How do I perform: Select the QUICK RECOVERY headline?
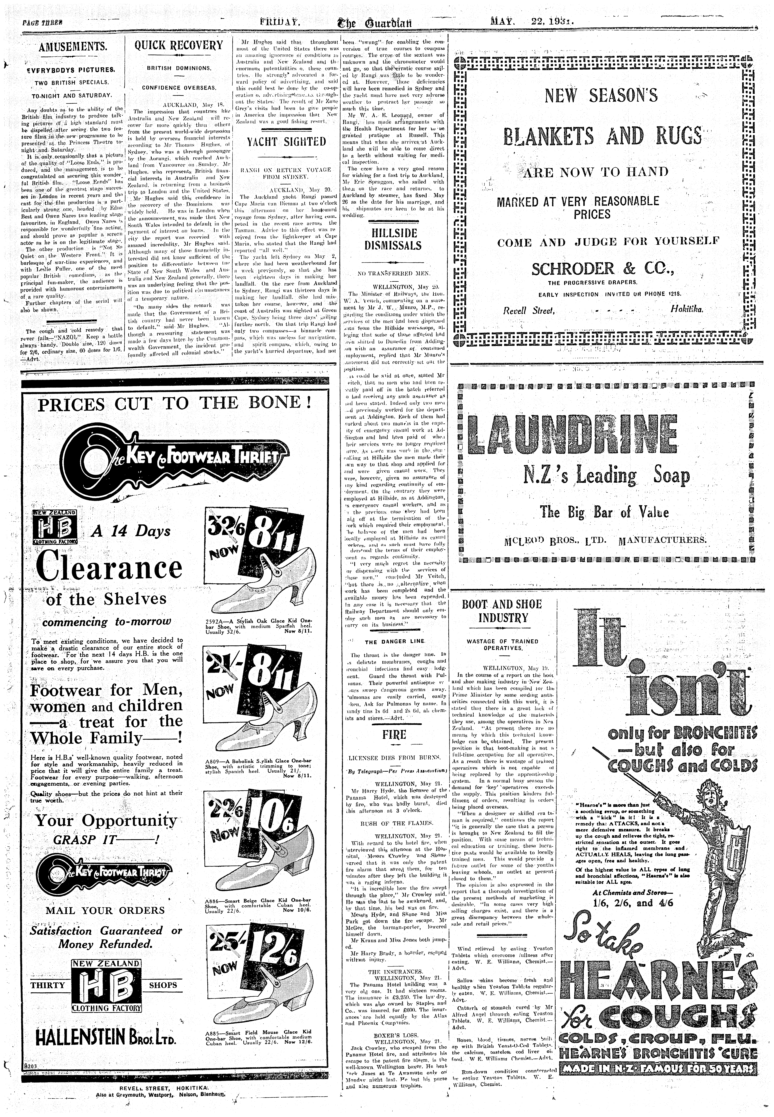179,46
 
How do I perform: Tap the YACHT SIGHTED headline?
286,142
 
